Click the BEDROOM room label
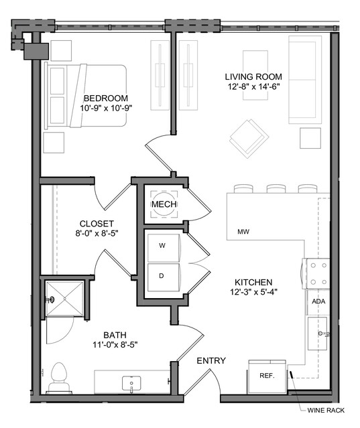(105, 98)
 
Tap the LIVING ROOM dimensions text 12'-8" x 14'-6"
(254, 87)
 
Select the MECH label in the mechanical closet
(164, 204)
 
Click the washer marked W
(164, 248)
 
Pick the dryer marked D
(164, 277)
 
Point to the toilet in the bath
(59, 378)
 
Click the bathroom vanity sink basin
(131, 383)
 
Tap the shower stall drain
(65, 299)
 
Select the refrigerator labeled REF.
(267, 376)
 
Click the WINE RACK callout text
(326, 411)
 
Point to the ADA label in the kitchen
(318, 301)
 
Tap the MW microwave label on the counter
(243, 232)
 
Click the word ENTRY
(211, 360)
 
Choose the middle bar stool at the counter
(276, 189)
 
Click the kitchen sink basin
(317, 334)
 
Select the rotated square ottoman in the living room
(249, 138)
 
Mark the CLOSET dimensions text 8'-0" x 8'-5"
(97, 233)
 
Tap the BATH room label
(115, 335)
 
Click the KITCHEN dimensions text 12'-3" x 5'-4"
(253, 292)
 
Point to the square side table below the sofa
(310, 138)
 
